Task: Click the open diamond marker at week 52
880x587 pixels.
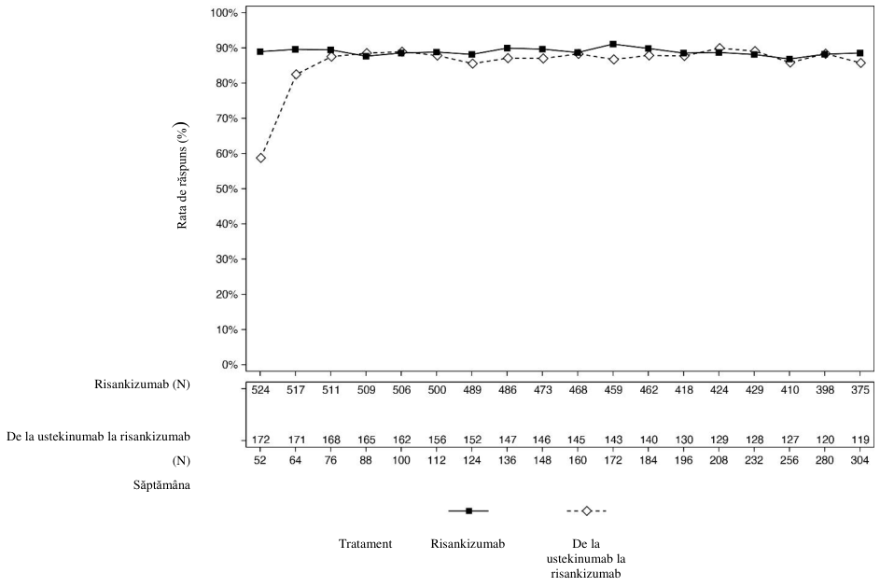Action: pos(260,158)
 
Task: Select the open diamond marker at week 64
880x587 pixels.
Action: pos(296,74)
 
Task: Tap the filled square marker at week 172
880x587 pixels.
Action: pos(613,44)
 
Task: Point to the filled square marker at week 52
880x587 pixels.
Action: pos(260,51)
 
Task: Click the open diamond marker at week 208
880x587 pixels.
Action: pos(719,49)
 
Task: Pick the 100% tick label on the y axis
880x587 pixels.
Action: pos(224,12)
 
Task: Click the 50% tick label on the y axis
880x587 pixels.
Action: pos(226,189)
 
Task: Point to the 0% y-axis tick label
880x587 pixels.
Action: pos(229,365)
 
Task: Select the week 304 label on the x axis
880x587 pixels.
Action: pos(859,460)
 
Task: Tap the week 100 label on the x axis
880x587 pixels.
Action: pos(401,460)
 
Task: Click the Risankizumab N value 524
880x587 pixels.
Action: pos(260,390)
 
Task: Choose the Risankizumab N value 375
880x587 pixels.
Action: pos(859,390)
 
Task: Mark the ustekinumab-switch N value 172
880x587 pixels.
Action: pos(260,440)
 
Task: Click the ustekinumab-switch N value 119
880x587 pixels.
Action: pos(859,440)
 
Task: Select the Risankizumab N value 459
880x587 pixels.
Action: pos(613,390)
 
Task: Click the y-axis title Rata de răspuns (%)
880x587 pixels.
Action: pos(182,175)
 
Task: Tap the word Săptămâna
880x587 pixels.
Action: pos(161,485)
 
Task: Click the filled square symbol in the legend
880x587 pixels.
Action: pos(469,510)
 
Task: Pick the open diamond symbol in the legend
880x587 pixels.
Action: pos(587,510)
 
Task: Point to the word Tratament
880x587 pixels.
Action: pos(366,544)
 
